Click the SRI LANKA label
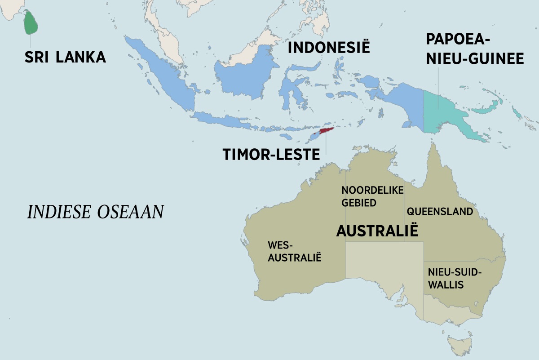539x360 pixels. (x=65, y=57)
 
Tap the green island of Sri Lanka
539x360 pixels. (x=31, y=22)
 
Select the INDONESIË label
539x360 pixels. (x=328, y=47)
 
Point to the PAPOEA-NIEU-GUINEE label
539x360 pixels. (x=475, y=49)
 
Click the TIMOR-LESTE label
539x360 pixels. (x=271, y=155)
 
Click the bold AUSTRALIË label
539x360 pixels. (x=377, y=231)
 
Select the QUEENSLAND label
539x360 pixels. (x=440, y=211)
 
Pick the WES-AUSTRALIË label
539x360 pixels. (x=295, y=251)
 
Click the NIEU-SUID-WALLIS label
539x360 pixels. (x=455, y=278)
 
